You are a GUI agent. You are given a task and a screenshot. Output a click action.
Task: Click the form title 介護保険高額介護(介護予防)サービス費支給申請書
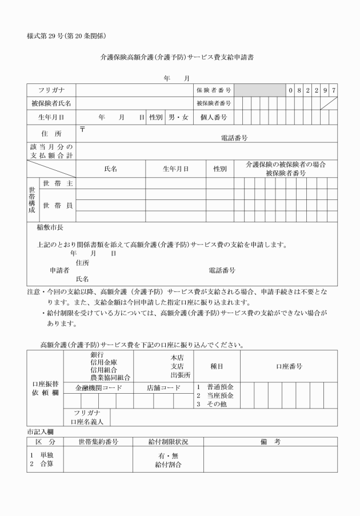click(x=180, y=58)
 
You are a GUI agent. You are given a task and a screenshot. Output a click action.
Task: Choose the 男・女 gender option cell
click(x=178, y=117)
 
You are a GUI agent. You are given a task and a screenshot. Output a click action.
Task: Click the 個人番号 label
click(x=214, y=117)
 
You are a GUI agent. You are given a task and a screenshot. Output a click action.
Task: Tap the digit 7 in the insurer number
click(x=333, y=90)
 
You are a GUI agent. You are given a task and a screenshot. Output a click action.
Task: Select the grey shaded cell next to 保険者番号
click(x=260, y=90)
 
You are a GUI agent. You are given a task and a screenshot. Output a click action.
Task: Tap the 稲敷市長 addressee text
click(x=50, y=227)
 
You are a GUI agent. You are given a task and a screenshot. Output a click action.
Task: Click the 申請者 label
click(x=59, y=270)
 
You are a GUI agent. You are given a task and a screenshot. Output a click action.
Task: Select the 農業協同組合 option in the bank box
click(x=110, y=377)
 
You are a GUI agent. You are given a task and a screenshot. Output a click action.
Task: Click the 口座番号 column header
click(x=289, y=366)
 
